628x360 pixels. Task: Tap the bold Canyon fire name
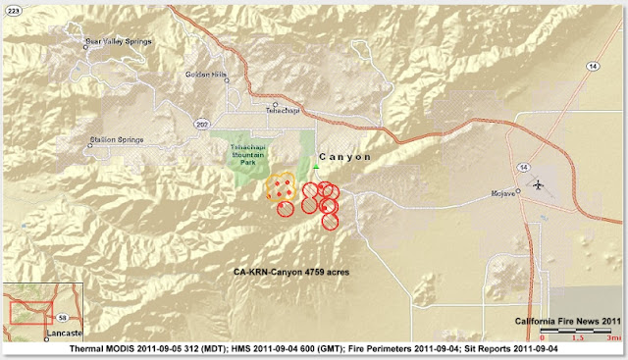pyautogui.click(x=346, y=156)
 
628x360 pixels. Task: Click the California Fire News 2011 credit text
pyautogui.click(x=568, y=322)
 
